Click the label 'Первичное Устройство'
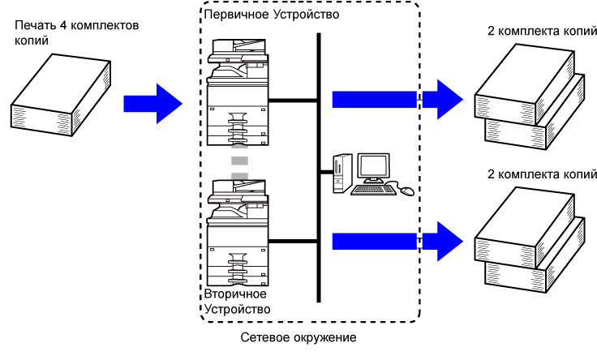(272, 15)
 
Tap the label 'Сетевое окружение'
(298, 337)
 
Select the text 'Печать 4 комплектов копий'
(76, 32)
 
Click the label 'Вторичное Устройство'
(237, 302)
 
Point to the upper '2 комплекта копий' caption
(542, 31)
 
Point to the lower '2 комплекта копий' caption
(542, 174)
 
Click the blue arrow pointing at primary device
(153, 104)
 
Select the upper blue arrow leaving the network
(397, 99)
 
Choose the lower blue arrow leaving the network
(397, 242)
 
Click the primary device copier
(237, 92)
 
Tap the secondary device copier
(237, 233)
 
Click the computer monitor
(373, 168)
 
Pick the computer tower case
(342, 174)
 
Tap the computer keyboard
(373, 190)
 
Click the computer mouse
(406, 191)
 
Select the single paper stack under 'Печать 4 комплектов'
(61, 95)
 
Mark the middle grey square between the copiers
(239, 161)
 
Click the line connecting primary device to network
(293, 101)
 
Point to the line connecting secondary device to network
(293, 242)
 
